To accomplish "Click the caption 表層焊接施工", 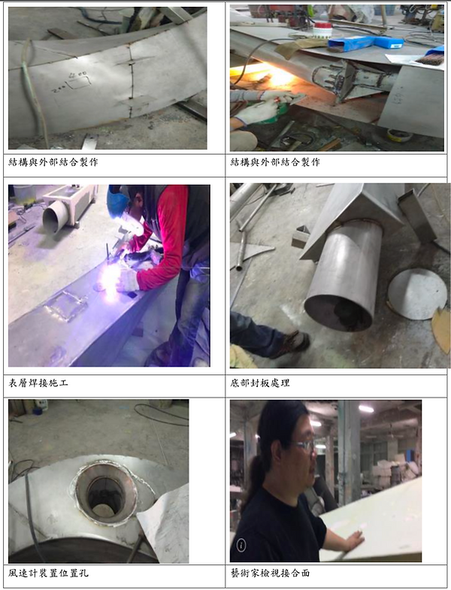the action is (38, 383).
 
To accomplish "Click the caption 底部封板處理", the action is (260, 383).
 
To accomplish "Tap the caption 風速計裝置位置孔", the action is (48, 573).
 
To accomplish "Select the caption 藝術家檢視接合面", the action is (270, 573).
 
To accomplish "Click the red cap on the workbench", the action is (323, 26).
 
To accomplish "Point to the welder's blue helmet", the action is (117, 201).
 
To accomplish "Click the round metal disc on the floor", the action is (417, 294).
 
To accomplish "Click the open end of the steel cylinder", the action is (340, 313).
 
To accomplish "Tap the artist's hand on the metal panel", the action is (353, 540).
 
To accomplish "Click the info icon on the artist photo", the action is (241, 545).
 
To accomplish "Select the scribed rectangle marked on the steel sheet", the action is (78, 83).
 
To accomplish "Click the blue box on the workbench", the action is (365, 42).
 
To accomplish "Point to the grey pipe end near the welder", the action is (56, 217).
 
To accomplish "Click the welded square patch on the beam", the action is (67, 307).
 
